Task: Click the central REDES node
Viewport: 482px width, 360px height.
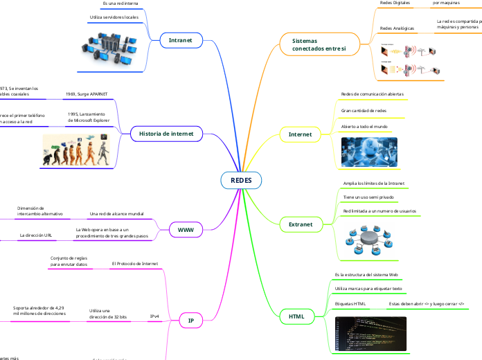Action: (x=241, y=180)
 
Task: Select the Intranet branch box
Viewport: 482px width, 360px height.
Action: (x=181, y=41)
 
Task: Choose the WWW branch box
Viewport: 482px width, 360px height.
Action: (x=185, y=229)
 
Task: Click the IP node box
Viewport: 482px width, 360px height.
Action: (x=190, y=320)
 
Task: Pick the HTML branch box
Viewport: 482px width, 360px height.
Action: (x=296, y=316)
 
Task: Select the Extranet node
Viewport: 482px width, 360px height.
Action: (x=300, y=224)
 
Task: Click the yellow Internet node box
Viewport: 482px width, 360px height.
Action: (x=300, y=134)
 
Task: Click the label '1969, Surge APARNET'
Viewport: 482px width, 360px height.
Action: (x=87, y=93)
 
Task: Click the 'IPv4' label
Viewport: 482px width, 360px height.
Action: (x=155, y=316)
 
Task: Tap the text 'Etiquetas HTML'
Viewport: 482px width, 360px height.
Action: (x=350, y=303)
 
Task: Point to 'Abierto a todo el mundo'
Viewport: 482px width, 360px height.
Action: (x=364, y=127)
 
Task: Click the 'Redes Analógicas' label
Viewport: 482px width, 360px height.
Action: (x=398, y=28)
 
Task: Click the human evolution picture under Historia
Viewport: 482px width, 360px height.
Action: (x=75, y=151)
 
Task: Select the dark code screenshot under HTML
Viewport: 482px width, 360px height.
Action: (x=366, y=333)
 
